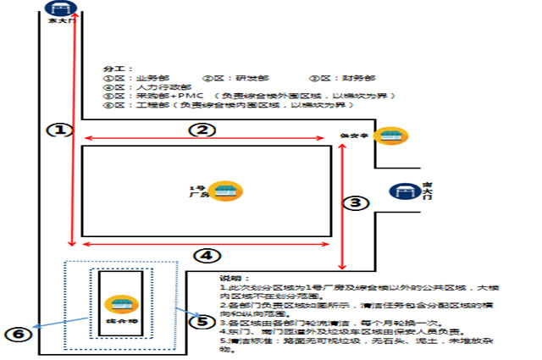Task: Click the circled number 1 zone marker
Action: point(57,130)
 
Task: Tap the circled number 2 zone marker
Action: point(202,130)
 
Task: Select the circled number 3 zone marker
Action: point(360,202)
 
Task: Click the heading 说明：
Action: point(230,279)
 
